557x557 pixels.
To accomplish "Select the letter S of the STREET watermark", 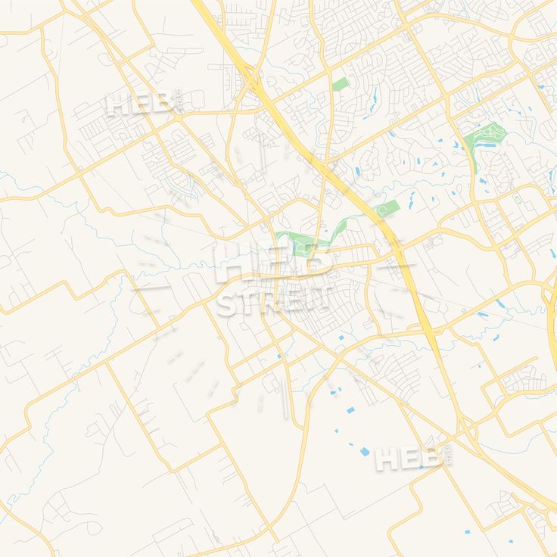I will coord(226,303).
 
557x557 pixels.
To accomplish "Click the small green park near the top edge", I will coord(340,83).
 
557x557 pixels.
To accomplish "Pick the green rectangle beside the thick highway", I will coord(386,208).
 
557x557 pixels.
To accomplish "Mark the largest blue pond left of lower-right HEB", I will coord(365,452).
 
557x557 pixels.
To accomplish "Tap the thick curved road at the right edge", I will coord(549,303).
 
